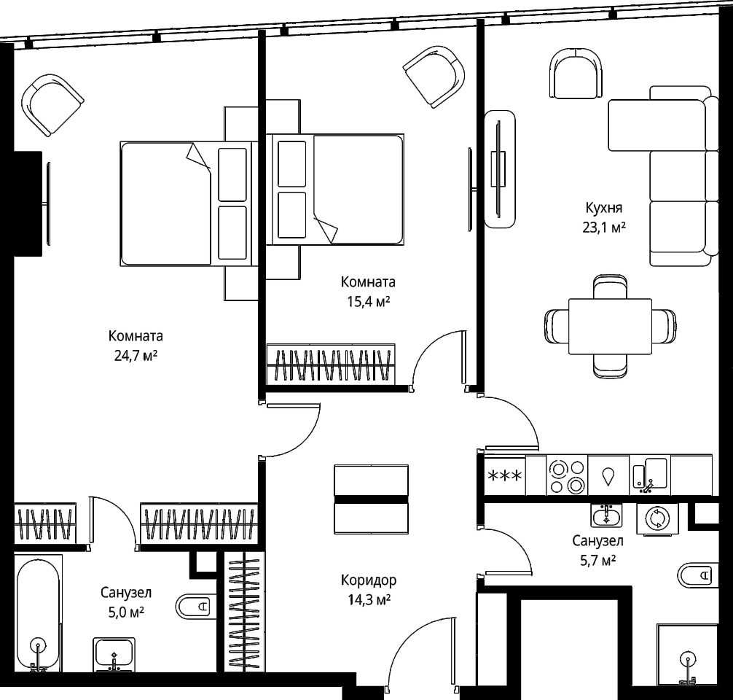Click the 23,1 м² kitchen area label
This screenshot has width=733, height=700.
click(x=603, y=227)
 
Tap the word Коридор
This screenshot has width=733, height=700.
click(x=369, y=580)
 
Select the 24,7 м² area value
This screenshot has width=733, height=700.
click(x=136, y=356)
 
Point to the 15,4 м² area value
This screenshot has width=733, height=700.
click(x=369, y=302)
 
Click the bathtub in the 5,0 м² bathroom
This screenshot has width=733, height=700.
click(x=39, y=613)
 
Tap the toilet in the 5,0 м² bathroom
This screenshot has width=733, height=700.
click(x=196, y=607)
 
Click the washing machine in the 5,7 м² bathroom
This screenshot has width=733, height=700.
click(x=656, y=519)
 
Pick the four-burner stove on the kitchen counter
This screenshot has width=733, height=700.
click(x=567, y=475)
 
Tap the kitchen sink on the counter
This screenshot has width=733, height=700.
click(x=650, y=475)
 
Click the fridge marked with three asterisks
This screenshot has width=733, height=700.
click(x=505, y=475)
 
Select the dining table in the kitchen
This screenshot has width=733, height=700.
click(x=610, y=327)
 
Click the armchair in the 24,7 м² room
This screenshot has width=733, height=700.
click(x=52, y=105)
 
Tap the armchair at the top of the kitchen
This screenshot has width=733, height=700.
click(x=577, y=73)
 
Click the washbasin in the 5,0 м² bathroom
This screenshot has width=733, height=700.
click(x=114, y=655)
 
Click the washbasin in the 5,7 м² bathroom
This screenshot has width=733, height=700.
click(x=606, y=516)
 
